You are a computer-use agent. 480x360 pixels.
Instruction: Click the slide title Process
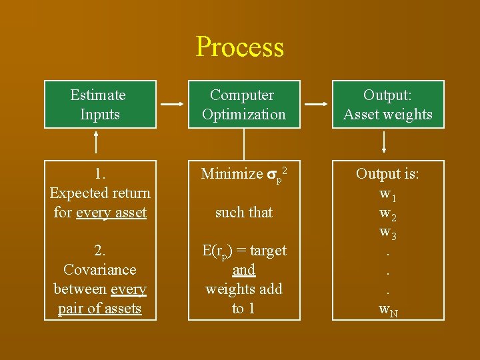240,47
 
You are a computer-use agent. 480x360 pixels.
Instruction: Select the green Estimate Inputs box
100,105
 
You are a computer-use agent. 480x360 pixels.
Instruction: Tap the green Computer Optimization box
244,105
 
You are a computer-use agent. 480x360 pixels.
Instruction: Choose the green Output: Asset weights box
388,105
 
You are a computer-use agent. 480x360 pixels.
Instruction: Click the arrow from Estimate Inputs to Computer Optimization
172,105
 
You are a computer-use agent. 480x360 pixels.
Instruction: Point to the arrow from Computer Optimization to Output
316,105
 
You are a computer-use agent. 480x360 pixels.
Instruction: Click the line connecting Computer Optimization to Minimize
244,143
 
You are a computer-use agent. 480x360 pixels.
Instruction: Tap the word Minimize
232,174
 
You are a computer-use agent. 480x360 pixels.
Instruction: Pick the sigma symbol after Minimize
272,175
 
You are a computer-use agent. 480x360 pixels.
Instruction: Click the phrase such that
244,213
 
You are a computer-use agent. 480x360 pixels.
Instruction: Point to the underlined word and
244,270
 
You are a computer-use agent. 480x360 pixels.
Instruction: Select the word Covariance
99,270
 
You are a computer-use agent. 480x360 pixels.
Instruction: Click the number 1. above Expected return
100,174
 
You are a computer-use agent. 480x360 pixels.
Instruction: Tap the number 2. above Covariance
100,251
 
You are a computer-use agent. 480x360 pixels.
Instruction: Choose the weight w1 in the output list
387,194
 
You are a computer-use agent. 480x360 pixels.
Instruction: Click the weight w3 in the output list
387,233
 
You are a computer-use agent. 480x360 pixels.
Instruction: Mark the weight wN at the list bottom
389,309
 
